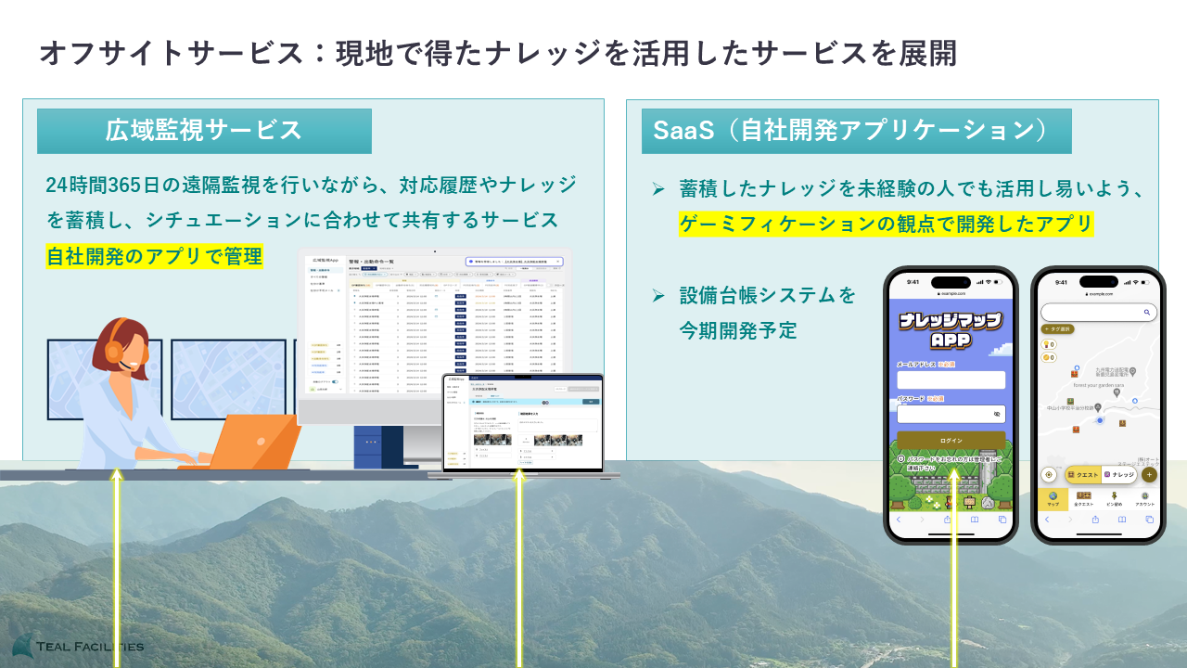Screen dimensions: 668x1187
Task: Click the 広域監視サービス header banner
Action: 204,131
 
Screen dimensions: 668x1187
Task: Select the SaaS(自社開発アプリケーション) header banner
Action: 856,131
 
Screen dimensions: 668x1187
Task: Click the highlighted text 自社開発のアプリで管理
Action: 154,256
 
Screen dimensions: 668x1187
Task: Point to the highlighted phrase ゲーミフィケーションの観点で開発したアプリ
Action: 886,224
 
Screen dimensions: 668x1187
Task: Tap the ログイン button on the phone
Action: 951,440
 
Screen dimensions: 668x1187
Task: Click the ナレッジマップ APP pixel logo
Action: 951,329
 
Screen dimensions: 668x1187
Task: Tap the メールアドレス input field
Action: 951,380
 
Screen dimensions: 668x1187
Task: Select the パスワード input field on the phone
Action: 951,415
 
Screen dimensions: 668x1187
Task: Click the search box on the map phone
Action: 1098,313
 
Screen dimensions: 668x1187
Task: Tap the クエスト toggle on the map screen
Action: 1082,474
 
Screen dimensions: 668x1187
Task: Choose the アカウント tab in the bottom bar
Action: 1144,499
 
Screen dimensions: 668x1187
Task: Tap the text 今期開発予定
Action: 737,329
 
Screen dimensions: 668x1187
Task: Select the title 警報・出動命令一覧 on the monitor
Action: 371,263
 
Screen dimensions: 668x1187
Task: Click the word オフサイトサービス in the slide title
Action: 172,53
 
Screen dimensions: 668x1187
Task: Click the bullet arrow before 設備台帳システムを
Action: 657,296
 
